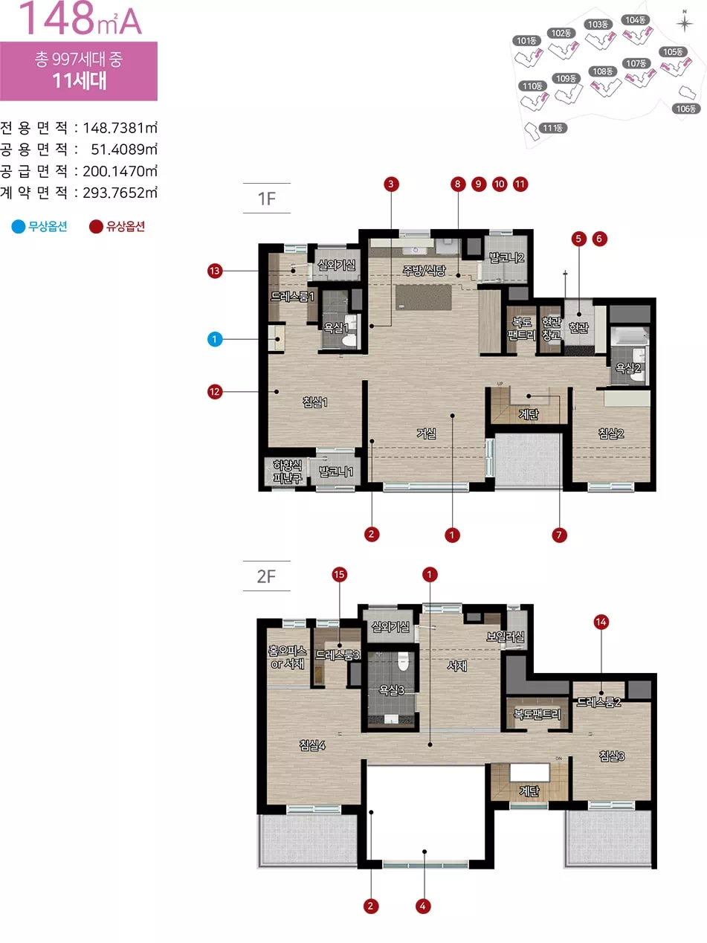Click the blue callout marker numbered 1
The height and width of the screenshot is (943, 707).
click(215, 339)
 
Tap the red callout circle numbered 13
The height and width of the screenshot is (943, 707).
click(215, 271)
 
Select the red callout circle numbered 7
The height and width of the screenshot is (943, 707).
click(559, 535)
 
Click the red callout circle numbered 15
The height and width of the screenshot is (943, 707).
click(339, 574)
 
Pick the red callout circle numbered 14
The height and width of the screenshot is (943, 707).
click(601, 622)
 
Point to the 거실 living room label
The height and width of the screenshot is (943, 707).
click(426, 434)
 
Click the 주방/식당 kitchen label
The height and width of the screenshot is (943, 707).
click(424, 270)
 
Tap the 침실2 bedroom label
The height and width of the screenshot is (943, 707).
click(611, 434)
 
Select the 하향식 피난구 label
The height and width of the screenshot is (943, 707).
click(288, 471)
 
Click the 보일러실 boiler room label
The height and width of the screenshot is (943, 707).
click(506, 637)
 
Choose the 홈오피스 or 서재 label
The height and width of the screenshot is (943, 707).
click(287, 657)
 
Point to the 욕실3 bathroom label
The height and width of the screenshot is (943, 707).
click(392, 690)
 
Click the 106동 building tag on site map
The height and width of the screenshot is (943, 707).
click(685, 109)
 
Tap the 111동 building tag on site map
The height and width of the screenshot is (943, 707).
click(552, 128)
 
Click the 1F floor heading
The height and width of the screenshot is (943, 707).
click(266, 199)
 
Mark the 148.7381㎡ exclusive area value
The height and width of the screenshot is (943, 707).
click(120, 128)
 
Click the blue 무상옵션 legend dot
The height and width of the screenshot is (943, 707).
click(19, 226)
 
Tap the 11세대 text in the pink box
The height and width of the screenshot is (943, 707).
click(80, 81)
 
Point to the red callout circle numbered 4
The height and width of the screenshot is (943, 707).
click(423, 906)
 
